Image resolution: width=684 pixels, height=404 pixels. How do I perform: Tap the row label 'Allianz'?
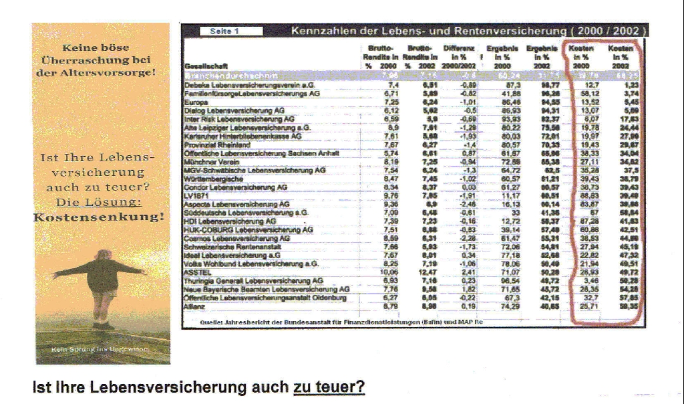[x=193, y=306]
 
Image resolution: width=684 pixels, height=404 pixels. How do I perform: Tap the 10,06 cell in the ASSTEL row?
[x=389, y=273]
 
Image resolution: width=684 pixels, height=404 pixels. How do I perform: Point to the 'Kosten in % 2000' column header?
[x=581, y=58]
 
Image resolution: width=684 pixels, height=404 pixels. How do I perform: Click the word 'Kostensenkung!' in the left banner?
[x=99, y=217]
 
